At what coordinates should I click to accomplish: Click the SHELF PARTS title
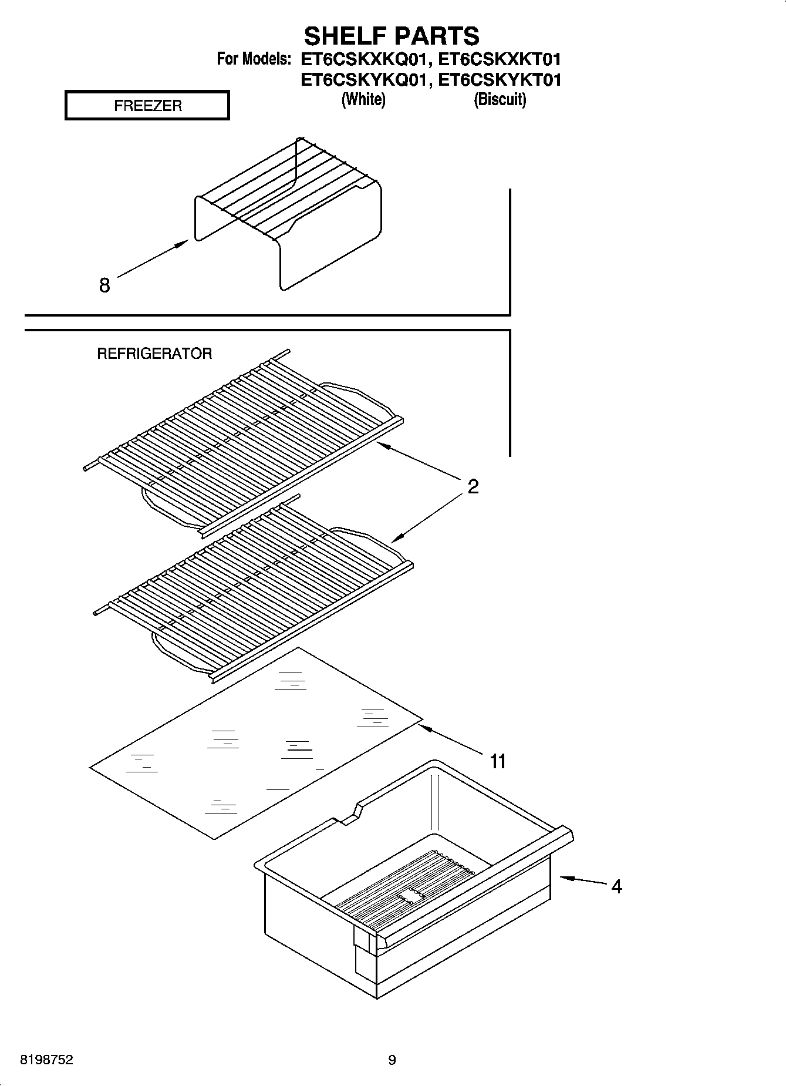coord(392,36)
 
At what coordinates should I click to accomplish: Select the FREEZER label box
coord(147,106)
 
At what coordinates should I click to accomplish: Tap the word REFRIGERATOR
coord(154,354)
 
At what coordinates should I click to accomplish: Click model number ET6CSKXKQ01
coord(362,59)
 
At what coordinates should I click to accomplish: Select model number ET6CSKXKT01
coord(500,59)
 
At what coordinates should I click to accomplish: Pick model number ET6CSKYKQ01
coord(362,79)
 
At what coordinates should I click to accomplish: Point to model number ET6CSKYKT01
coord(500,79)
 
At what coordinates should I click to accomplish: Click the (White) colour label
coord(363,99)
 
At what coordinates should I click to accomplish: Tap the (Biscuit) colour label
coord(500,99)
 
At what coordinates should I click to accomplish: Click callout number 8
coord(104,285)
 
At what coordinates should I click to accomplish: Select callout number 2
coord(473,486)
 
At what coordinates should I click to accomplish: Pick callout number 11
coord(498,762)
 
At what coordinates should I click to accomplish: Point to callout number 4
coord(616,886)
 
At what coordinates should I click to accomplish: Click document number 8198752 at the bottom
coord(46,1060)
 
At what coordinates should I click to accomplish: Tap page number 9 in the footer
coord(392,1060)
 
